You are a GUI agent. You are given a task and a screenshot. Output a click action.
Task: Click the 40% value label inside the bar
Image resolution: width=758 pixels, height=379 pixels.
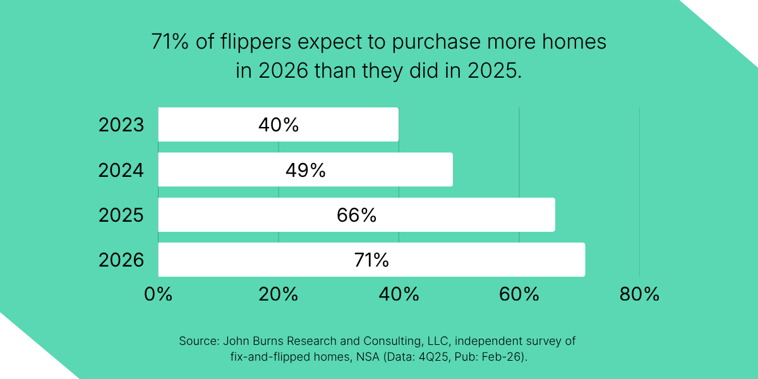(278, 124)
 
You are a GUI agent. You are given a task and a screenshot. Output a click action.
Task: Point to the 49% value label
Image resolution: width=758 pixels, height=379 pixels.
(305, 169)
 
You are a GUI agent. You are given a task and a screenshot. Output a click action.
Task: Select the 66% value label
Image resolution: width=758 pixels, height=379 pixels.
(356, 215)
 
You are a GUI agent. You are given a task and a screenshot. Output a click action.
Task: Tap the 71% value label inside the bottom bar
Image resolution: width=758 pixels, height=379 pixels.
(371, 260)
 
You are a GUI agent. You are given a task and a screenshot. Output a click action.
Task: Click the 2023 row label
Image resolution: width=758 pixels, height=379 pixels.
(121, 125)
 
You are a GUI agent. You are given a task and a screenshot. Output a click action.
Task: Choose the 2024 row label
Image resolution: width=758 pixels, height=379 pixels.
(121, 170)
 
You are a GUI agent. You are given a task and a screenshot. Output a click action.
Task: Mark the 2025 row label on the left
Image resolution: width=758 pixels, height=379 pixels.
(121, 215)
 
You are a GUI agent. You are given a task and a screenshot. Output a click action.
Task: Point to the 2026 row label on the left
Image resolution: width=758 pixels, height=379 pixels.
(121, 260)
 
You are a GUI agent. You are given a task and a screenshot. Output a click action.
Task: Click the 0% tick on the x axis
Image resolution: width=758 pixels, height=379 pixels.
(158, 294)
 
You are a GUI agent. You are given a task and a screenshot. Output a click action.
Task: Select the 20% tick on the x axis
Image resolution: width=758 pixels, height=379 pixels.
(279, 294)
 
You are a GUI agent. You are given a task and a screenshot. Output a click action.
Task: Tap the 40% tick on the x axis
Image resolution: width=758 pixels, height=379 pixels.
(399, 294)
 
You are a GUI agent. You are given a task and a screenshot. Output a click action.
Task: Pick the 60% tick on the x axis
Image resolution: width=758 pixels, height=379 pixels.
(519, 294)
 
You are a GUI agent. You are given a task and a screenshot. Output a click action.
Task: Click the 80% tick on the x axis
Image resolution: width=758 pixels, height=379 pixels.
(639, 294)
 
